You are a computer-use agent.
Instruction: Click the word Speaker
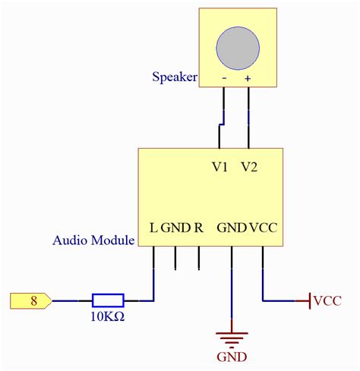[x=175, y=77]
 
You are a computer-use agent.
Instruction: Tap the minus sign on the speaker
[x=224, y=78]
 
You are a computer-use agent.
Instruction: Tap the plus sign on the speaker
[x=248, y=78]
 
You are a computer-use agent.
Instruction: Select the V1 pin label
[x=220, y=168]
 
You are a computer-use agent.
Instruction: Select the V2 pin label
[x=249, y=168]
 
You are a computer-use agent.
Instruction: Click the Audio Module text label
[x=93, y=241]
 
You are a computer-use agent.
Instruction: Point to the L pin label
[x=153, y=227]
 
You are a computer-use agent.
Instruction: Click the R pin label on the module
[x=199, y=227]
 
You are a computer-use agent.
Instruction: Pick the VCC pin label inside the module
[x=264, y=227]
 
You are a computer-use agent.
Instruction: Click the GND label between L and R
[x=175, y=227]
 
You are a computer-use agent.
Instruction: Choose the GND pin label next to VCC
[x=232, y=227]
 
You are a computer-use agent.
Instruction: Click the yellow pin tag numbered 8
[x=30, y=300]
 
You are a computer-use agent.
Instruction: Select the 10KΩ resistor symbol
[x=108, y=300]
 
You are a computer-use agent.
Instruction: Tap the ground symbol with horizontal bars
[x=232, y=338]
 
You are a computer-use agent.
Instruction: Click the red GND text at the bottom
[x=232, y=357]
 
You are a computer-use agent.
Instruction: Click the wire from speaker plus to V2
[x=248, y=118]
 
